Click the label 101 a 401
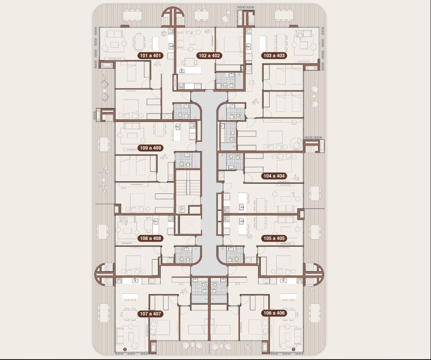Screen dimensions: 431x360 (150, 55)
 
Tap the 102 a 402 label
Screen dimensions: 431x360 (209, 55)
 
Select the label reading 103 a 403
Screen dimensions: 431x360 (274, 55)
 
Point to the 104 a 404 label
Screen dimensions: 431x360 (274, 176)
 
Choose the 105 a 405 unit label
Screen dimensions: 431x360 (274, 238)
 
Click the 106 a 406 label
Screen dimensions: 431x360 (274, 313)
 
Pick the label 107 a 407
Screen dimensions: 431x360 (150, 314)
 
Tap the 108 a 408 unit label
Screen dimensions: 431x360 (150, 238)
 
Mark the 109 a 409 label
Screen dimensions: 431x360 (150, 148)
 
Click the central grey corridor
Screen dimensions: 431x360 (209, 182)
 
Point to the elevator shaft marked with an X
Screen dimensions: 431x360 (190, 225)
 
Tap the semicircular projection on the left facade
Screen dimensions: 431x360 (105, 274)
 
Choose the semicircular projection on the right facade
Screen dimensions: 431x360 (314, 274)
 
